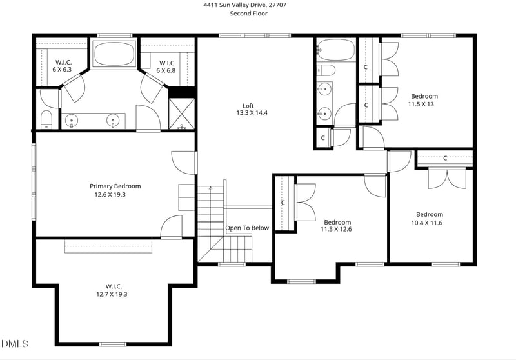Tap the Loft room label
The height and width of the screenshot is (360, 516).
[248, 109]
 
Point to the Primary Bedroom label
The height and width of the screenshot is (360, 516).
[115, 190]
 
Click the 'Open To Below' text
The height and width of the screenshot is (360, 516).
[247, 228]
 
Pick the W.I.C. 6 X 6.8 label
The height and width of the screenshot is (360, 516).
[166, 66]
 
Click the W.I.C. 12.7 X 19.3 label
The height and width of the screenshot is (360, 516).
[114, 290]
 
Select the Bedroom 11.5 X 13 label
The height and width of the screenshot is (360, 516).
[424, 99]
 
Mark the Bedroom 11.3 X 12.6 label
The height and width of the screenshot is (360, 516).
[337, 225]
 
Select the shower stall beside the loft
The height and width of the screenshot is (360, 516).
[182, 114]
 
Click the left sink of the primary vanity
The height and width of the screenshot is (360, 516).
[72, 120]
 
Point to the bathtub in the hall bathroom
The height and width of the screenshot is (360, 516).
[334, 50]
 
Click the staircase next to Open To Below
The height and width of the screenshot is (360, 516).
[211, 219]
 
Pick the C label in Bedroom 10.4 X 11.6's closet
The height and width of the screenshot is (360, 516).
[445, 158]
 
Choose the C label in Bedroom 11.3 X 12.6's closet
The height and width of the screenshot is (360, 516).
[283, 203]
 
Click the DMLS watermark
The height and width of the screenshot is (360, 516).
[15, 343]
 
